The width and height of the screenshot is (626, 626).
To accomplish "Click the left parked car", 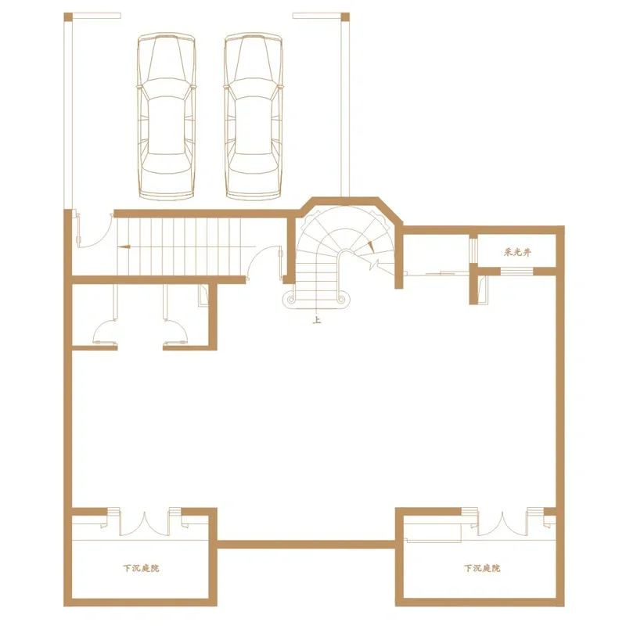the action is [167, 116].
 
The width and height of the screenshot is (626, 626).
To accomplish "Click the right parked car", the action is [254, 116].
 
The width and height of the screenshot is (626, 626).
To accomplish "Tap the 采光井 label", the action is [517, 252].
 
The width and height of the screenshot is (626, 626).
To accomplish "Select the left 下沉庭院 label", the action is [141, 568].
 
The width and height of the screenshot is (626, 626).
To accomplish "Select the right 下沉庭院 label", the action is [482, 568].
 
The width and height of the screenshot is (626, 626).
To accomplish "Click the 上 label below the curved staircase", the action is [317, 320].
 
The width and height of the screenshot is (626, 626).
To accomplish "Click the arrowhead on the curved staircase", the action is [371, 246].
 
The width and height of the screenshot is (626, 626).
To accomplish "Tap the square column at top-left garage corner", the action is [68, 17].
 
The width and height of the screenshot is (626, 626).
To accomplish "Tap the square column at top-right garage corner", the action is [345, 17].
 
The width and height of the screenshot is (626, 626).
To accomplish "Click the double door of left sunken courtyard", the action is [144, 523].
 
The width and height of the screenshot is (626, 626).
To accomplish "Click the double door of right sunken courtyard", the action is [502, 523].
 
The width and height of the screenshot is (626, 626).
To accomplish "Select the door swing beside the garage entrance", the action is [94, 231].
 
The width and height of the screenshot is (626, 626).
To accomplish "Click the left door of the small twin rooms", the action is [106, 332].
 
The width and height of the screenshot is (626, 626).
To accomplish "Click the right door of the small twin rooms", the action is [175, 332].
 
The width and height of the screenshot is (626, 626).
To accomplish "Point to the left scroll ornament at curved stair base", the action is [291, 299].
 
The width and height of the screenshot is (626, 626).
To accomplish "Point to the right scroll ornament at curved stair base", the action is [341, 299].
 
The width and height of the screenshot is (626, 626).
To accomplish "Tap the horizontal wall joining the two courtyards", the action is [306, 545].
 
